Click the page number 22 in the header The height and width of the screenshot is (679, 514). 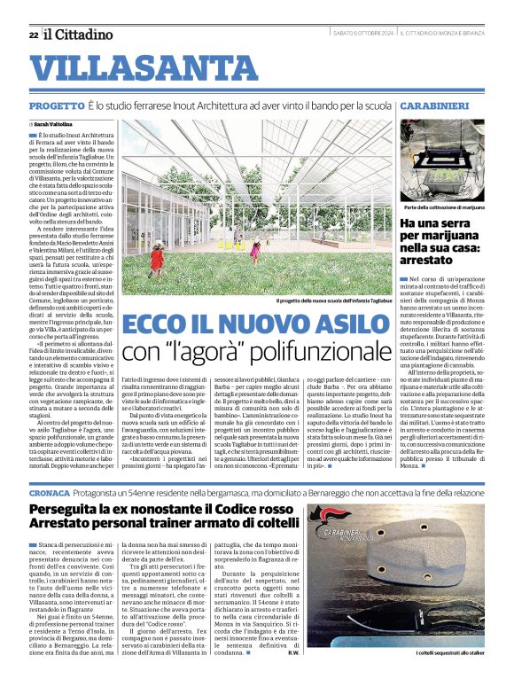pyautogui.click(x=33, y=35)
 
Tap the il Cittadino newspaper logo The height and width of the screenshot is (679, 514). pyautogui.click(x=80, y=35)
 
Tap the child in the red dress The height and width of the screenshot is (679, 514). pyautogui.click(x=157, y=258)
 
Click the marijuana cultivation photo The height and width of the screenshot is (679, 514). pyautogui.click(x=441, y=161)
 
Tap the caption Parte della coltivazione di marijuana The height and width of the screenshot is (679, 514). pyautogui.click(x=441, y=209)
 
